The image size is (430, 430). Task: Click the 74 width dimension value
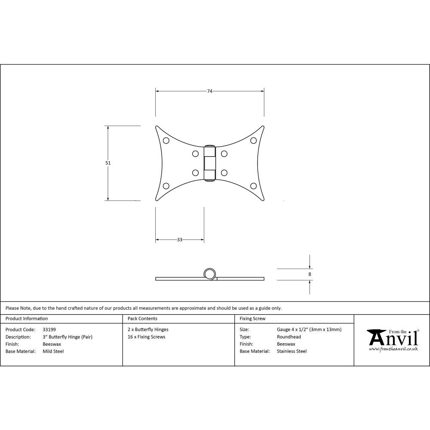209,91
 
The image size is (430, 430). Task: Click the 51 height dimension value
108,163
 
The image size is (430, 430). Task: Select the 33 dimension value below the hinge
179,240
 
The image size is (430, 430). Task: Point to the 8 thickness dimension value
310,274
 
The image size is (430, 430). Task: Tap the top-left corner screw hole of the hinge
166,140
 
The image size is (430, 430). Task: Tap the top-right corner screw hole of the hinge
253,140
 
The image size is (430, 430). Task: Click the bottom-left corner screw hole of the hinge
166,186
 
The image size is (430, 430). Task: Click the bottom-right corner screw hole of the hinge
253,186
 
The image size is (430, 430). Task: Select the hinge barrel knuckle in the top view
209,163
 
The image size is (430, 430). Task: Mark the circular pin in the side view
209,274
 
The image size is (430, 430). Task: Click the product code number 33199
49,329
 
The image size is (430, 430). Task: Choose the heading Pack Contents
142,319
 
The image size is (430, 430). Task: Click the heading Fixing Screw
252,319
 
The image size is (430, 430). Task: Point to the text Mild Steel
53,351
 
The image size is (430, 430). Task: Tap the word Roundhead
289,337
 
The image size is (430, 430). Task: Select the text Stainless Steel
292,351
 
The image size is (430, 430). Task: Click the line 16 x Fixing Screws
147,337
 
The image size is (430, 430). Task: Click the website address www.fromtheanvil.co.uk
393,349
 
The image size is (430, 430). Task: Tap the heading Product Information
27,319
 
